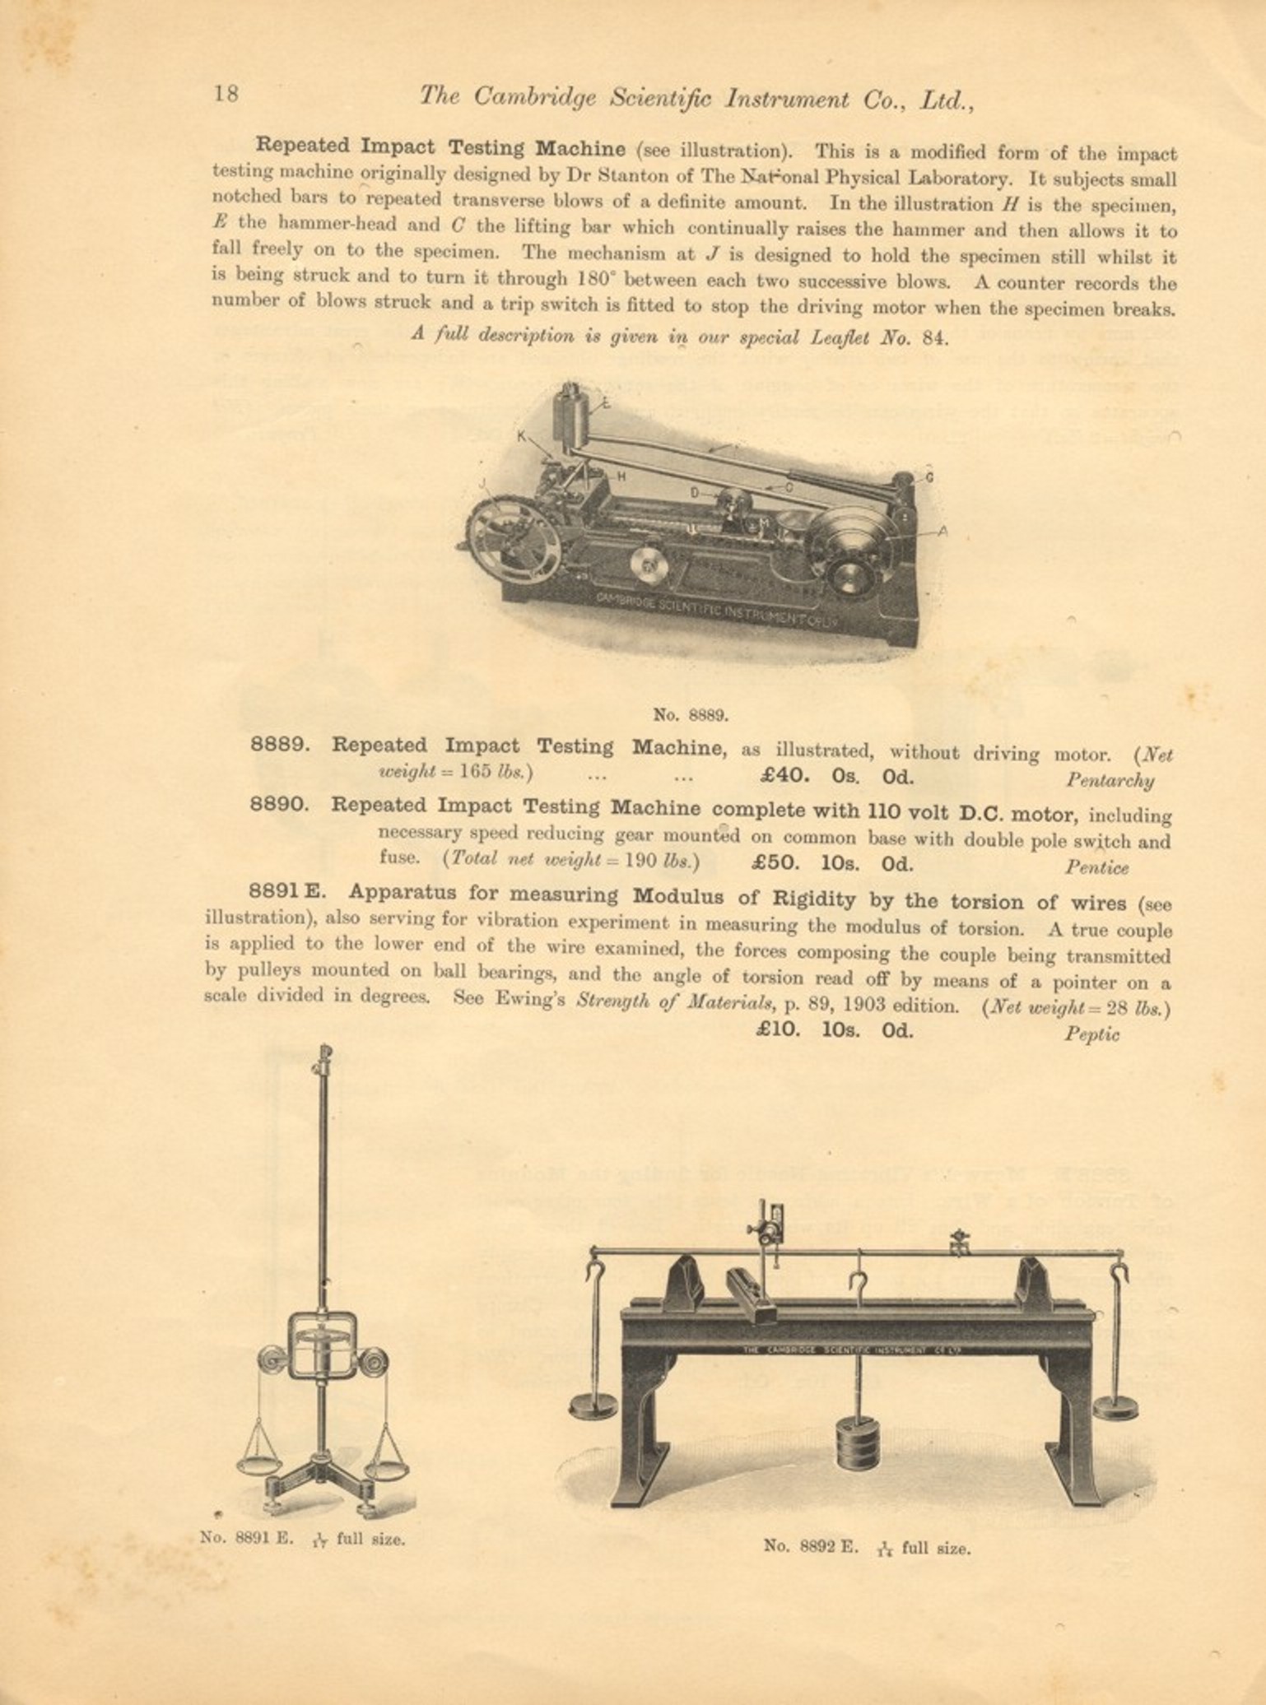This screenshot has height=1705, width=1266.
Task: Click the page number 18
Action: tap(226, 93)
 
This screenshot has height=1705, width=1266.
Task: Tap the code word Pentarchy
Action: tap(1110, 780)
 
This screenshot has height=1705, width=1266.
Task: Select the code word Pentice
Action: tap(1096, 867)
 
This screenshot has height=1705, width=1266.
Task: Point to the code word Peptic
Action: tap(1091, 1034)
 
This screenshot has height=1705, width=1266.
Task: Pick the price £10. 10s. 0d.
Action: tap(835, 1030)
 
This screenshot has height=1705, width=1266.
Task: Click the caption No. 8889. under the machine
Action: tap(691, 714)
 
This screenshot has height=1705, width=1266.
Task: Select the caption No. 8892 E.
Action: tap(811, 1546)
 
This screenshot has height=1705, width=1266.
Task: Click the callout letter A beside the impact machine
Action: tap(943, 531)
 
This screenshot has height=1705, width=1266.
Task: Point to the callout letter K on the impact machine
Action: tap(521, 436)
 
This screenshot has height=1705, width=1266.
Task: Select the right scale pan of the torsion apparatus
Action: tap(385, 1467)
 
